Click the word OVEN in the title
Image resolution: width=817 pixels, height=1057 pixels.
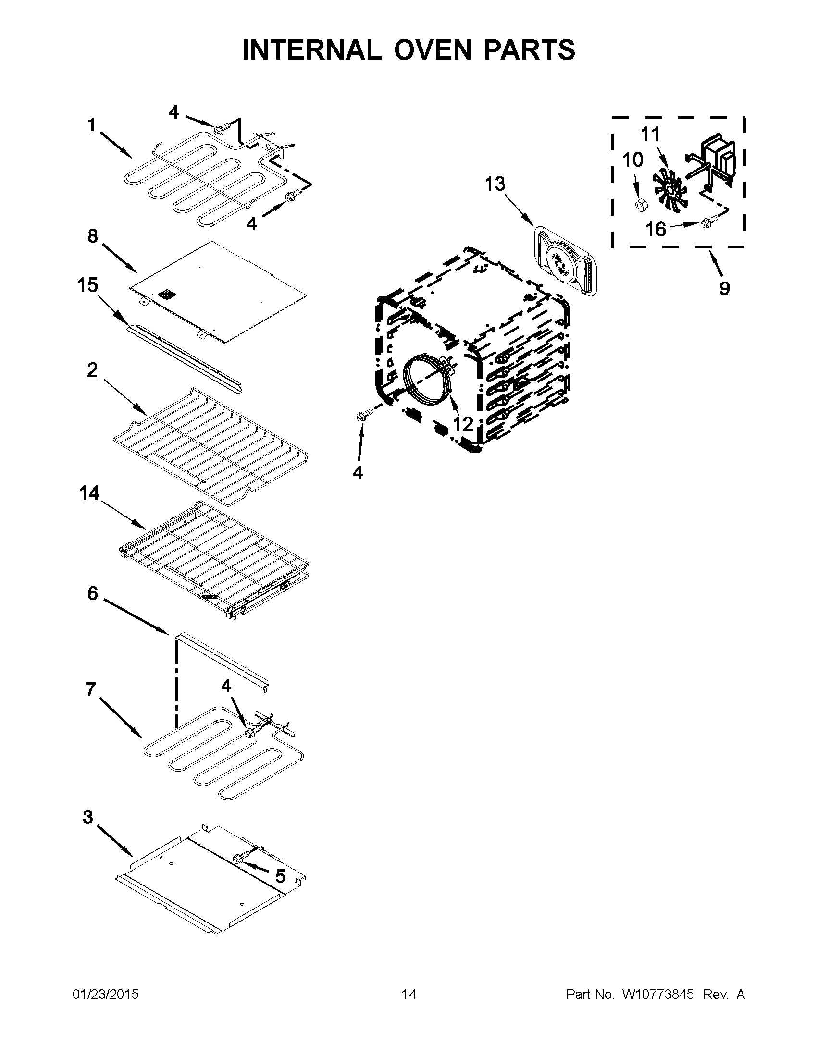(x=432, y=50)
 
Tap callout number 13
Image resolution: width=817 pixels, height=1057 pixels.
(x=495, y=184)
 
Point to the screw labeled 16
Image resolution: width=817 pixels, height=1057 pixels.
(x=707, y=222)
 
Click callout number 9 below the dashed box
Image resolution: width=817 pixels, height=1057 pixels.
(x=724, y=288)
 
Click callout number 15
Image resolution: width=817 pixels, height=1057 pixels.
(x=87, y=285)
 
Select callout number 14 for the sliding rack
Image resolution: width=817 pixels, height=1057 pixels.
(x=89, y=493)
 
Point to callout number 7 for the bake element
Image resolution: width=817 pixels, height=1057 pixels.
(x=90, y=688)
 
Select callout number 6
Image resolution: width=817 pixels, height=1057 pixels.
(x=92, y=593)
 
